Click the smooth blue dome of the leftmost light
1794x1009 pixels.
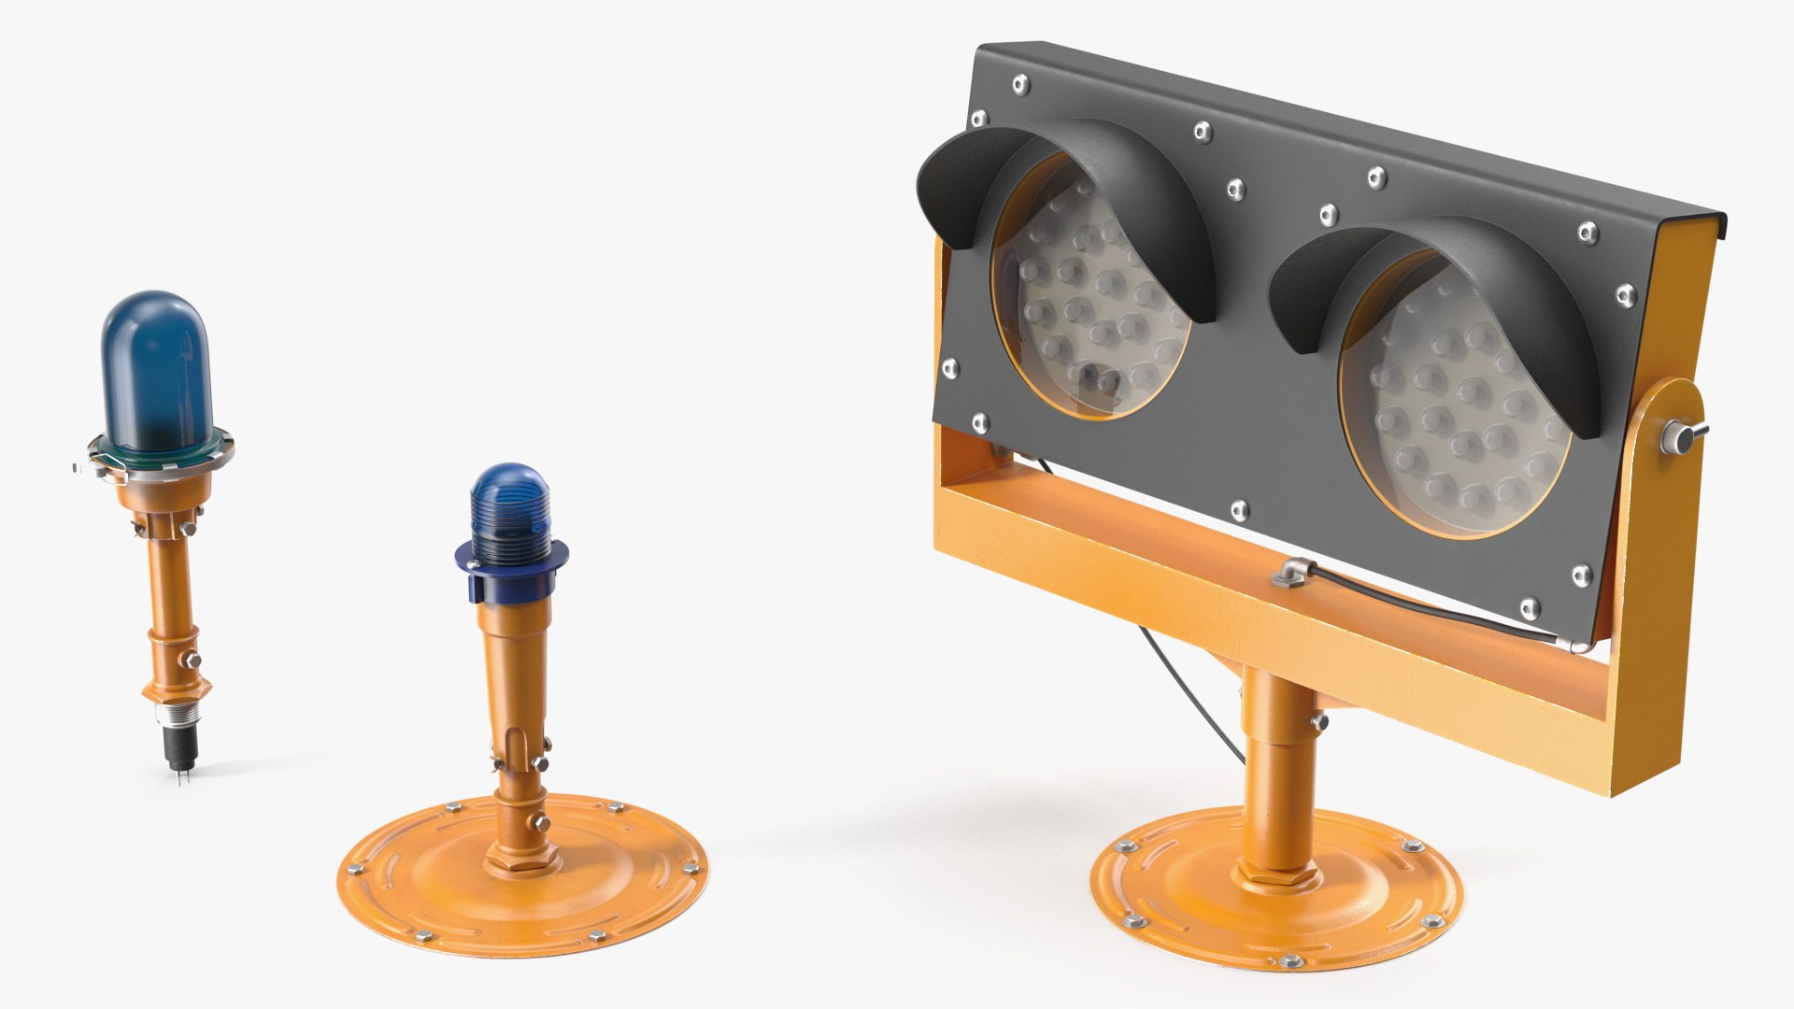tap(155, 369)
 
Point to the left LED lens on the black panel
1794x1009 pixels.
tap(1089, 299)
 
